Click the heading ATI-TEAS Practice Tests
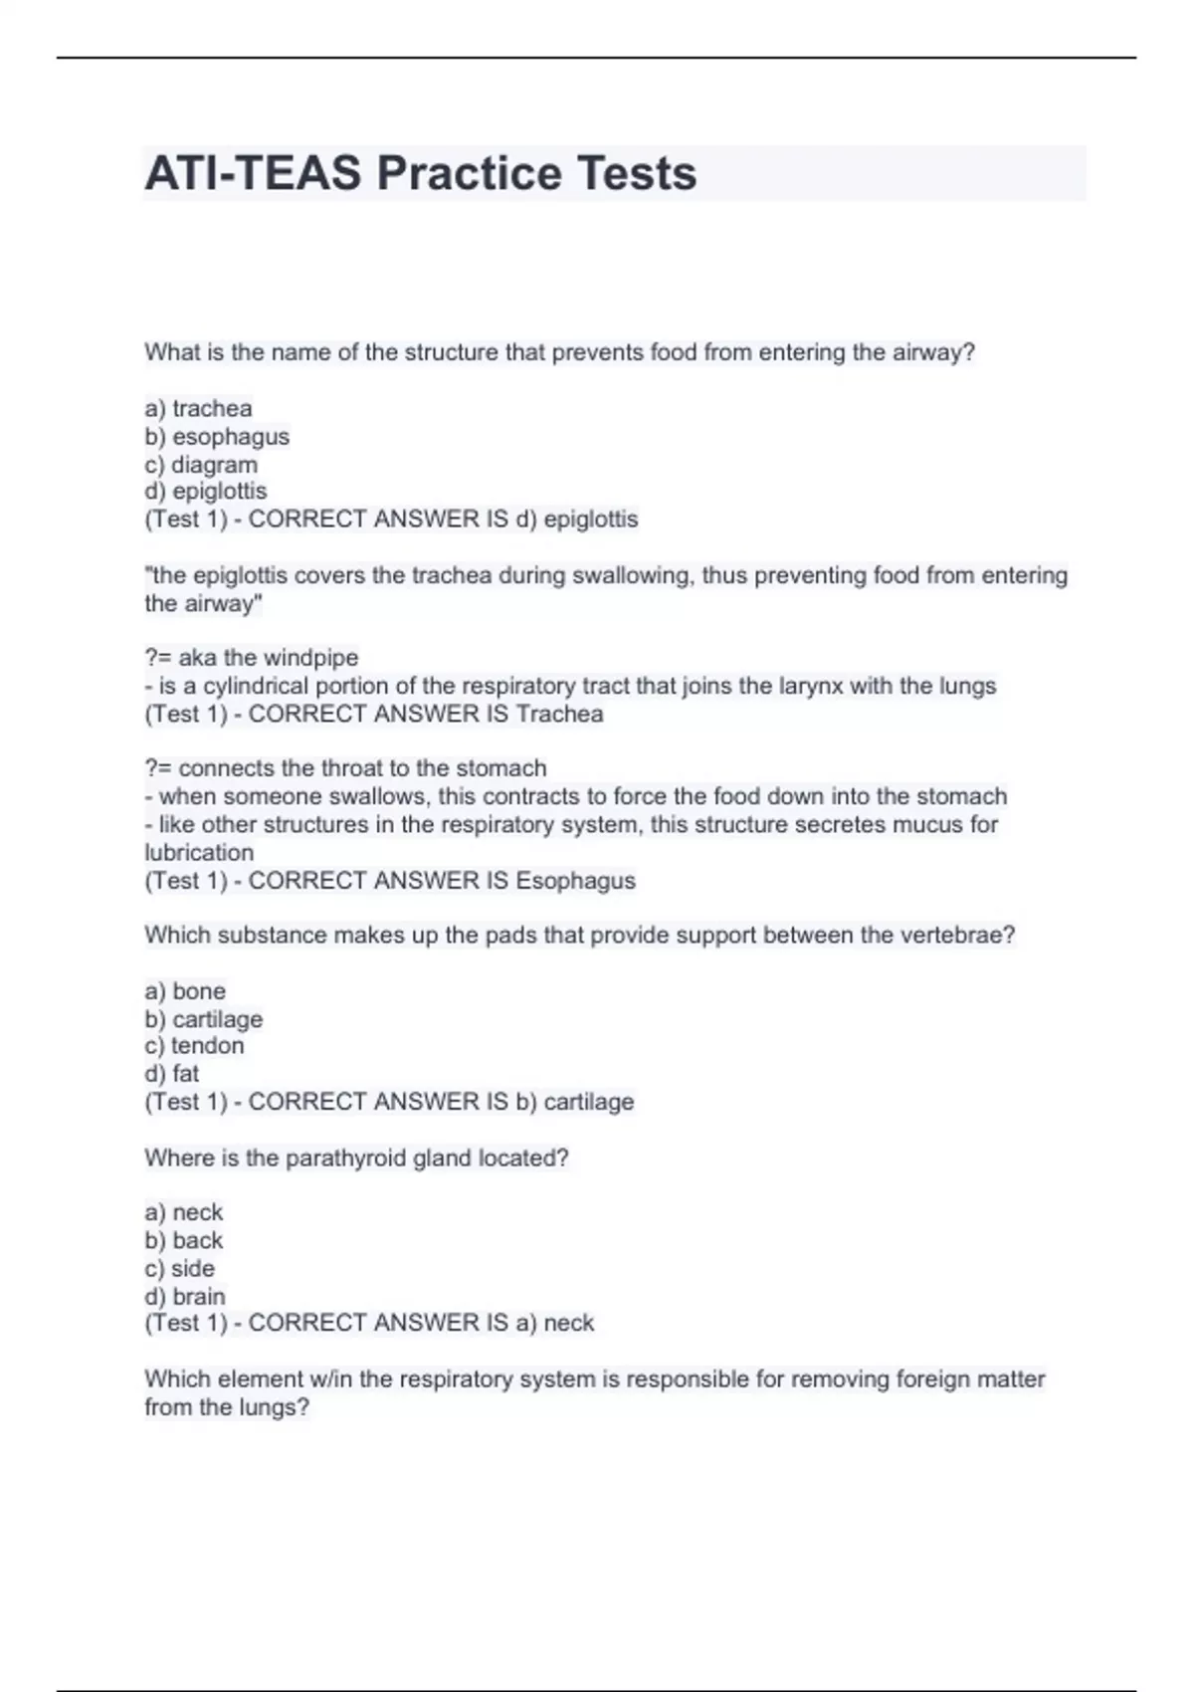tap(420, 173)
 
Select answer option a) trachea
tap(198, 408)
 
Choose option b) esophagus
tap(217, 436)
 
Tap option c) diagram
tap(201, 464)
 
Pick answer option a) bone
tap(185, 990)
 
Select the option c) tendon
tap(194, 1045)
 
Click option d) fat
tap(172, 1073)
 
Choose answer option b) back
tap(184, 1240)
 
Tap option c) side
tap(180, 1268)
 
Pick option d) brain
tap(185, 1296)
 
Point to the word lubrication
tap(199, 852)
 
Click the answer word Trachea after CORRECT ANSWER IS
tap(559, 714)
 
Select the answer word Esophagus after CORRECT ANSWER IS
tap(575, 880)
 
